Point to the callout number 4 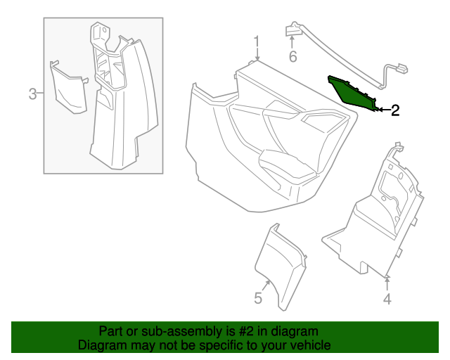(x=387, y=300)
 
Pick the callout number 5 (x=258, y=299)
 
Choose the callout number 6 (x=293, y=56)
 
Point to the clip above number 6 (x=292, y=31)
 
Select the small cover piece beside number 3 (x=70, y=86)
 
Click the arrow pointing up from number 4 (x=387, y=283)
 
